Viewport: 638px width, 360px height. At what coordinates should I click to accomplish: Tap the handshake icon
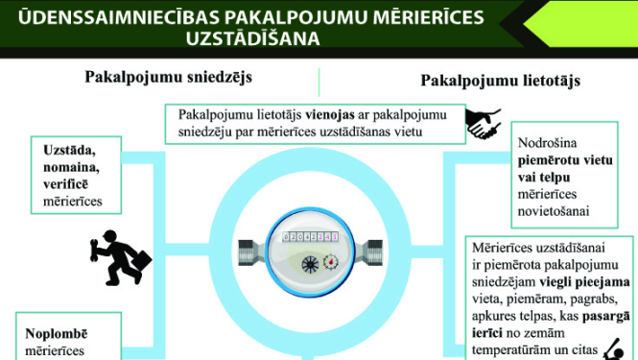coord(483,123)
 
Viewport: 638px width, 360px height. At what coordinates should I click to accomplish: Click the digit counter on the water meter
coord(302,236)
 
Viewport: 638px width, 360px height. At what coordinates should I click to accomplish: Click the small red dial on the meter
coord(331,260)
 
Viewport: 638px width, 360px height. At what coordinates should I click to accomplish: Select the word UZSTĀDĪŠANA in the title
coord(254,39)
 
